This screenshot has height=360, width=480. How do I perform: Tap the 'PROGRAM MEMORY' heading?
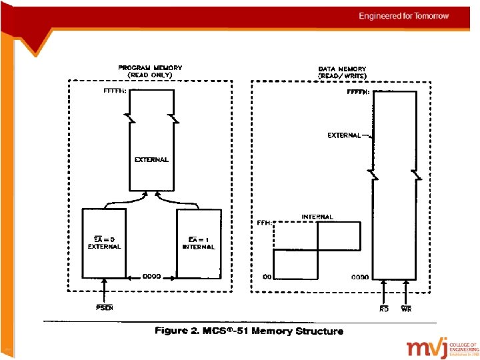pos(150,67)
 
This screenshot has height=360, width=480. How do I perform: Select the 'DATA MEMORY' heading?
pos(342,69)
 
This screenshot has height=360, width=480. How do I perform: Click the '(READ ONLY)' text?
pos(150,75)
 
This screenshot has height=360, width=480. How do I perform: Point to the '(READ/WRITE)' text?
pos(342,75)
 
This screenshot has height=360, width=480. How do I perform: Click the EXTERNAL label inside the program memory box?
pos(151,159)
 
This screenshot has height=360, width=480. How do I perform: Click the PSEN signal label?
pos(104,308)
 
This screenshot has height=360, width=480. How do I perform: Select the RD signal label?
pos(384,309)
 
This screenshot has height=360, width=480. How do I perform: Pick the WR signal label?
pos(406,309)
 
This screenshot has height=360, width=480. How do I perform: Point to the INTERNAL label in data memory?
pos(317,217)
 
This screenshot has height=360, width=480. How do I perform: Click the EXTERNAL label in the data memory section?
pos(343,135)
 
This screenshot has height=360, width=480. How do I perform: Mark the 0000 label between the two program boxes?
pos(151,276)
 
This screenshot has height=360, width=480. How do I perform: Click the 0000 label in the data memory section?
pos(360,276)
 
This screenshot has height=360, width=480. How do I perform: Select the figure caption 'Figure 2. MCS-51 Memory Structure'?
pos(249,331)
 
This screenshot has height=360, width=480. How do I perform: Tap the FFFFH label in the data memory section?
pos(359,93)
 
